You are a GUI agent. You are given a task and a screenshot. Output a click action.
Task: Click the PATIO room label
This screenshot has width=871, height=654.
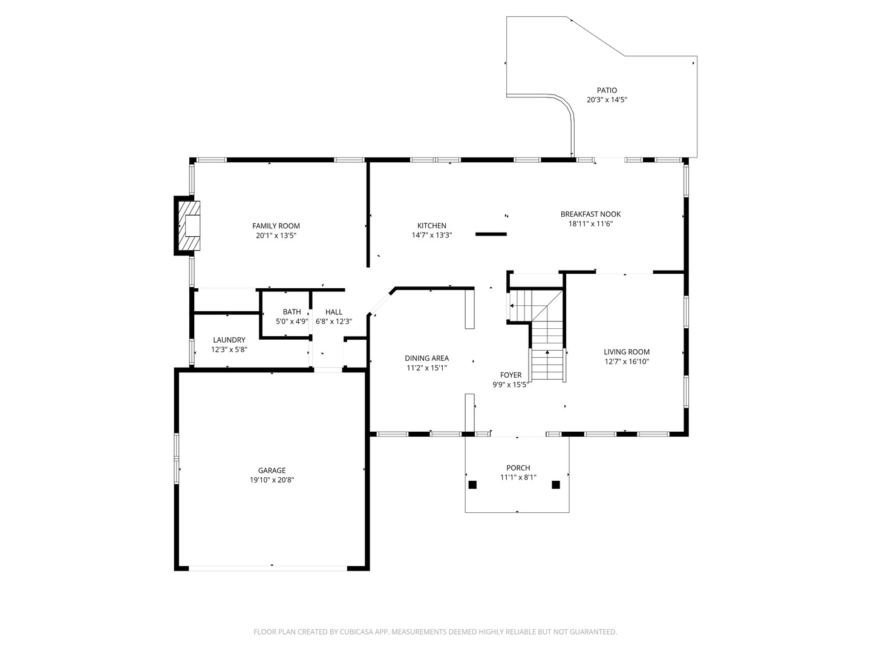point(607,90)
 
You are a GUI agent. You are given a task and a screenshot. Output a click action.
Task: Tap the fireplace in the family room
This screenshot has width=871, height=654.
point(189,226)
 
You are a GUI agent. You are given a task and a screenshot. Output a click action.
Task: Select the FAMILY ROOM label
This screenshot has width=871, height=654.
point(276,226)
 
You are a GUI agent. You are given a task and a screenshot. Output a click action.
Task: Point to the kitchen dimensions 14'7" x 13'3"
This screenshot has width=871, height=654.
point(432,236)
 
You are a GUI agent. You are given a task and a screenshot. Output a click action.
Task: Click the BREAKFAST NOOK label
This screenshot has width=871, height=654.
point(590,214)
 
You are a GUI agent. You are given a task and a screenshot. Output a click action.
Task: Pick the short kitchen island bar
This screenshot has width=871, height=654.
point(491,234)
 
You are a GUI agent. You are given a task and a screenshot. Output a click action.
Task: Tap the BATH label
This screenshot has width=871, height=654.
point(292,312)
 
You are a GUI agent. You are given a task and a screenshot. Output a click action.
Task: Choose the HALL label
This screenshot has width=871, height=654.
point(333,312)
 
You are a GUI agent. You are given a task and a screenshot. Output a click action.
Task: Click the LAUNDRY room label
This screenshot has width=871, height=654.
point(229,340)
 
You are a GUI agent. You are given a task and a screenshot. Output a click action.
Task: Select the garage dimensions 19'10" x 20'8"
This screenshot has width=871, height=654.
point(272,480)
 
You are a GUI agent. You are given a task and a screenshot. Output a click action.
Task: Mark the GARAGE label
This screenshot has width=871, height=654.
point(272,471)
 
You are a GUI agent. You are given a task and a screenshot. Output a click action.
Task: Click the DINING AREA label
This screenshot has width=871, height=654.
point(426,358)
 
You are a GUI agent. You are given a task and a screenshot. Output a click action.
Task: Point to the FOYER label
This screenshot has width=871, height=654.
point(511,375)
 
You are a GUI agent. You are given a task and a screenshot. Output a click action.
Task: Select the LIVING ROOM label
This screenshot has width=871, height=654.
point(627,352)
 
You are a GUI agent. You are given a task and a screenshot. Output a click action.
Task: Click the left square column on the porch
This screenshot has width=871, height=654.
point(473,484)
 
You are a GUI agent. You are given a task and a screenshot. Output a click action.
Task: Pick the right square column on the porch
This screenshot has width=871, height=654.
point(556,484)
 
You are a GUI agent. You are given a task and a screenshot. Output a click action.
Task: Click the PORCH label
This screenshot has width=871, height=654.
point(518,467)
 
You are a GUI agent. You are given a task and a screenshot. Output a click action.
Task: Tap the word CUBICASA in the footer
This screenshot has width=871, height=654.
point(357,632)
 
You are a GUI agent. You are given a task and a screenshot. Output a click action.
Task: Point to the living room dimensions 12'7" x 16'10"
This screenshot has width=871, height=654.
point(627,362)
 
